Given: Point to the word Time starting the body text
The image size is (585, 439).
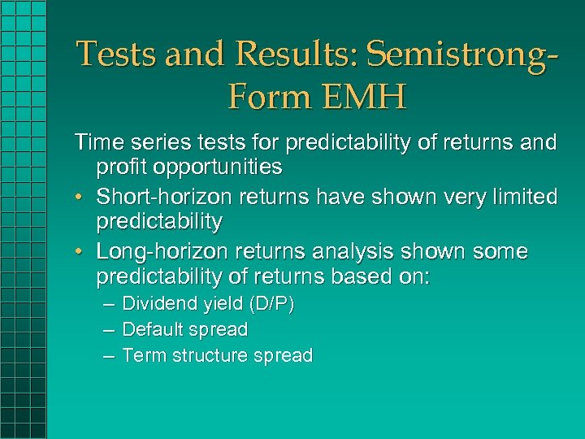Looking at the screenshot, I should pyautogui.click(x=97, y=143).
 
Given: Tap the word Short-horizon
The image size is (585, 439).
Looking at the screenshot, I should pyautogui.click(x=161, y=198).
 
